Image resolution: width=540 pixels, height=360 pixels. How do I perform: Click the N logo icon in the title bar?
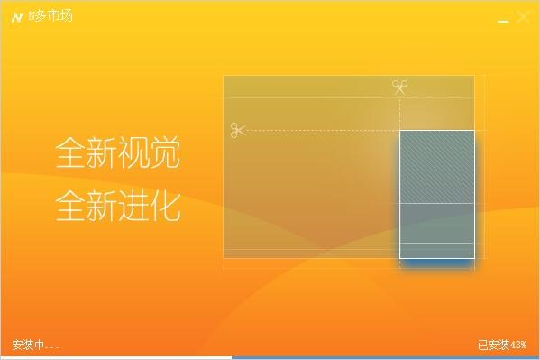coord(17,17)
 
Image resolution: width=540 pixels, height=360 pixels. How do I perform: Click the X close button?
coord(523,17)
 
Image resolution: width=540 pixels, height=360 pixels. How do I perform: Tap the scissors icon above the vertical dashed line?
coord(399,88)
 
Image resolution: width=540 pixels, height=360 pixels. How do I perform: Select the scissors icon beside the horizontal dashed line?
coord(238,131)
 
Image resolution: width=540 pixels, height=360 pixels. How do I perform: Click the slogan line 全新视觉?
coord(118,152)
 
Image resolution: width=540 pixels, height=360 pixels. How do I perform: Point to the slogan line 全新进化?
coord(118,206)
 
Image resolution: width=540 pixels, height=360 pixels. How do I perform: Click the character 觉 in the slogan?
coord(165,152)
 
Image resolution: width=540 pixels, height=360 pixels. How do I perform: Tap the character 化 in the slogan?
coord(165,206)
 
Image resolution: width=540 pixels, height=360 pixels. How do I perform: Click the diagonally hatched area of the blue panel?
coord(436,167)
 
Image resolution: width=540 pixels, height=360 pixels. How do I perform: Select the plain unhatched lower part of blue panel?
coord(436,230)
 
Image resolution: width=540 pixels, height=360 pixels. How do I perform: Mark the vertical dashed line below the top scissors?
coord(399,113)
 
